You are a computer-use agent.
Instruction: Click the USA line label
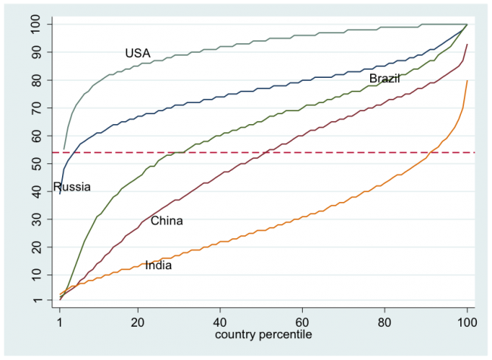point(138,53)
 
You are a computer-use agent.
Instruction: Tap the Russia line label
point(72,187)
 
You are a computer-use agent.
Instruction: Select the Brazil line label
point(385,79)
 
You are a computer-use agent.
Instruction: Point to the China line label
point(167,221)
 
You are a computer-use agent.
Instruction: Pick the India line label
point(158,265)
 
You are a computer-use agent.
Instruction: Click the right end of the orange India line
point(467,80)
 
